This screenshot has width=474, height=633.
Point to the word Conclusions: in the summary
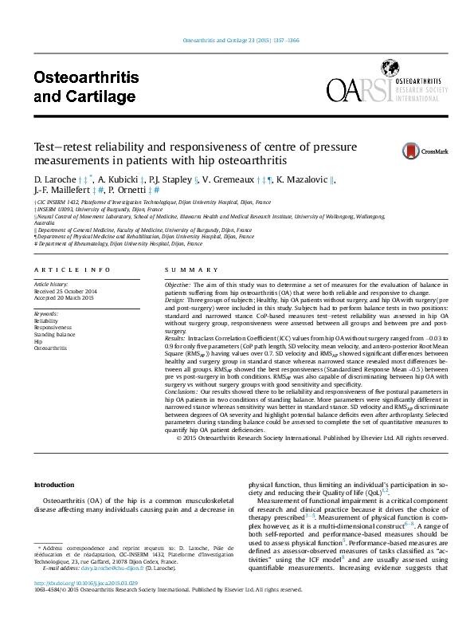pyautogui.click(x=181, y=391)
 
